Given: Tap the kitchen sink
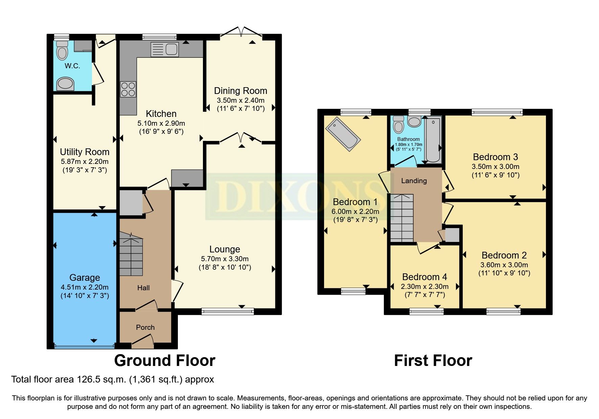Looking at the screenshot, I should pos(164,49).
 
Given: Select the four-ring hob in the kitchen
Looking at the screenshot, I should pos(128,89).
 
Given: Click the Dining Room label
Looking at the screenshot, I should pos(240,91).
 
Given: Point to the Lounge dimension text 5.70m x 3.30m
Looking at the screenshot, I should pos(225,259).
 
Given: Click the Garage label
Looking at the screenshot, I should pos(85,278).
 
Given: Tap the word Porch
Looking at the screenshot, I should pos(145,327).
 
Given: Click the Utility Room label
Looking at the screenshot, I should pos(85,152).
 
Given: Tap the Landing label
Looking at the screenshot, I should pos(414,181).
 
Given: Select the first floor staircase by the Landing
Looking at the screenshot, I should pos(402,218).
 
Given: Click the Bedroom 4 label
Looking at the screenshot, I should pos(424,277).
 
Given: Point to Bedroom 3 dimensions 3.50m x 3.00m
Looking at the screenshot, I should pos(495,167).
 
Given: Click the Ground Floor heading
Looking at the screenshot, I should pos(164,361).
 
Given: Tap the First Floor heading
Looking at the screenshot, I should pos(433,361).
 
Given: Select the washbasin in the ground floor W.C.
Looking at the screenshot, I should pos(65,83).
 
